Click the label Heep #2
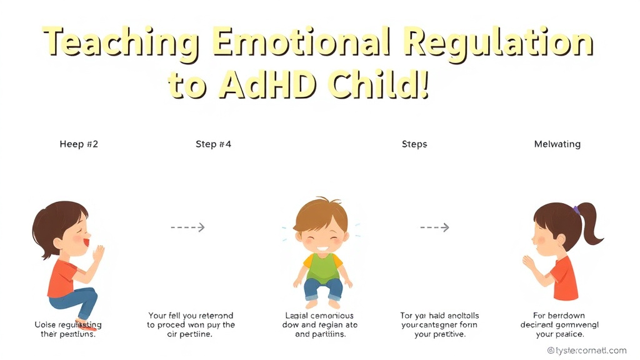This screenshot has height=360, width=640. pyautogui.click(x=79, y=144)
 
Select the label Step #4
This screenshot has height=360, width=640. pyautogui.click(x=213, y=144)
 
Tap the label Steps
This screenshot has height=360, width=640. pyautogui.click(x=414, y=144)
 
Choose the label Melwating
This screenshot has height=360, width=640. pyautogui.click(x=557, y=144)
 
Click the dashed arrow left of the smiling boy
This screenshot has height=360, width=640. pyautogui.click(x=187, y=227)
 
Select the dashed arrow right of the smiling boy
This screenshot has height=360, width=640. pyautogui.click(x=434, y=227)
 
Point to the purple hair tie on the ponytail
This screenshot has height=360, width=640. pyautogui.click(x=576, y=211)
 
